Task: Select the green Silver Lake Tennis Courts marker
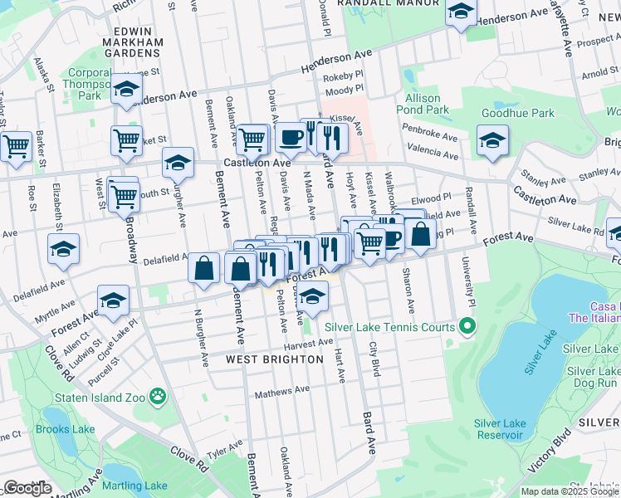point(467,327)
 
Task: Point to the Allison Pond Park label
point(423,104)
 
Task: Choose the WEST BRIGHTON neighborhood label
point(275,359)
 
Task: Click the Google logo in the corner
point(27,488)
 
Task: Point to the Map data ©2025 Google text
point(570,491)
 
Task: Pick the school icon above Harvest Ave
point(312,295)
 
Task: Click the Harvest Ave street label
point(308,343)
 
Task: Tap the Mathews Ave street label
point(281,390)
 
